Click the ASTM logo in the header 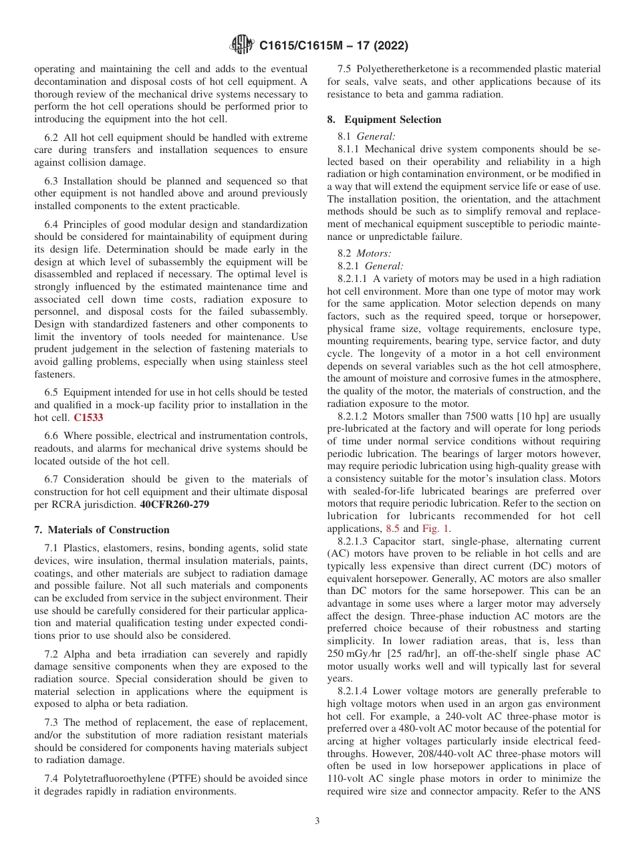tap(241, 45)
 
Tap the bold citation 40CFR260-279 tap(174, 505)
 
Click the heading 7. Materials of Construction tap(102, 530)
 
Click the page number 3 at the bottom tap(317, 821)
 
